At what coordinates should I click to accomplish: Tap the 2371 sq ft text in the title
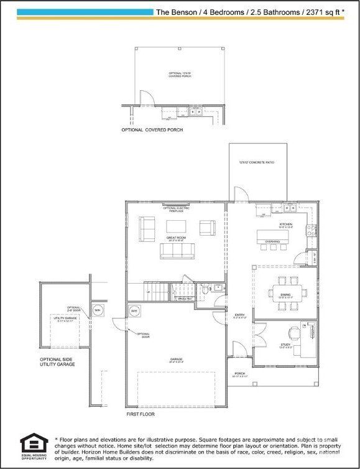(321, 11)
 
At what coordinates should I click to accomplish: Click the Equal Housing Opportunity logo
(32, 445)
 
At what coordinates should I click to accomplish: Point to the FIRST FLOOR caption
(141, 413)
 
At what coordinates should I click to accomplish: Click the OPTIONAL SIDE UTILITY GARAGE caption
(57, 362)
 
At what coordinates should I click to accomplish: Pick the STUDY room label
(285, 344)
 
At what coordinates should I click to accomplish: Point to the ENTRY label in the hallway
(239, 315)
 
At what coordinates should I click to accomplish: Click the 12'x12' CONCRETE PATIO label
(257, 162)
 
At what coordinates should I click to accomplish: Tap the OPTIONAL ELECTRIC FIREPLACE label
(176, 209)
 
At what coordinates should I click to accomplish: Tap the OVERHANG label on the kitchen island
(272, 241)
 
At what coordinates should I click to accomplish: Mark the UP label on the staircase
(148, 291)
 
